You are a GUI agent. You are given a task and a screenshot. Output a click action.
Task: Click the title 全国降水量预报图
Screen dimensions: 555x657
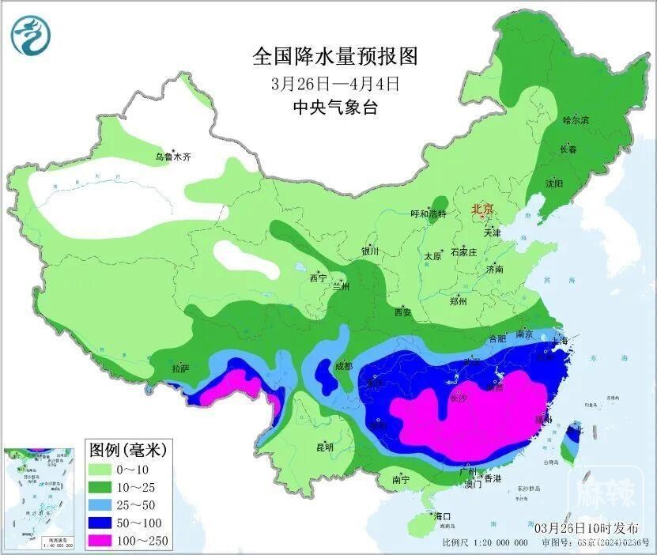point(334,56)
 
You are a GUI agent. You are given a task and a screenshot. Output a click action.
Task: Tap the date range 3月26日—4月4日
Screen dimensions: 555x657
point(334,82)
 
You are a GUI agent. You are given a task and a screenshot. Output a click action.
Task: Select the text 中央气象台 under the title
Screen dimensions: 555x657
point(334,108)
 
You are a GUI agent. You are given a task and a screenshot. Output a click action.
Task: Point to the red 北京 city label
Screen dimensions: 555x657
point(482,209)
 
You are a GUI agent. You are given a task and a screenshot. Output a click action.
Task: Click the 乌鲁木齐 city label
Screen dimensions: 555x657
point(172,157)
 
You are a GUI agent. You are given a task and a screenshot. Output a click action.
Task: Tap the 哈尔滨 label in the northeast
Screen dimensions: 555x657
point(576,120)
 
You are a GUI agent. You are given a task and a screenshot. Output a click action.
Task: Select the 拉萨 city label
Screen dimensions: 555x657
point(180,368)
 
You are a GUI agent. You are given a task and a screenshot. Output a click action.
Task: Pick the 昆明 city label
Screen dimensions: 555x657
point(325,447)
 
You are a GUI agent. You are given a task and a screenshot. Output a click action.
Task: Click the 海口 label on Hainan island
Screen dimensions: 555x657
point(441,516)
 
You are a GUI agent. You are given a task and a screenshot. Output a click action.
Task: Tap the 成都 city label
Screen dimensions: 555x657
point(343,367)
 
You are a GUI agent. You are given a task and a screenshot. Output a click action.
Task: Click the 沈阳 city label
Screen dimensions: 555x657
point(553,183)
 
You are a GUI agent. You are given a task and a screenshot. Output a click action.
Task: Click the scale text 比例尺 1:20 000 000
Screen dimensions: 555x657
point(485,543)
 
